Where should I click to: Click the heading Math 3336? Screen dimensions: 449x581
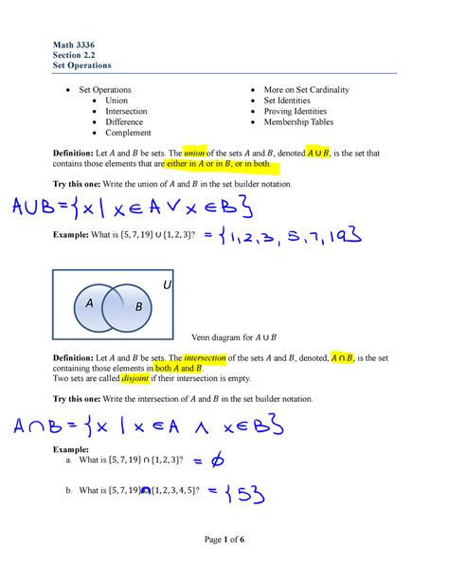tap(72, 44)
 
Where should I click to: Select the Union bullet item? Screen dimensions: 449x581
tap(117, 100)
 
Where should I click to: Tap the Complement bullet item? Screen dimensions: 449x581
tap(128, 133)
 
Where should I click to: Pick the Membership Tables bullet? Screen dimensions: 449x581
tap(301, 122)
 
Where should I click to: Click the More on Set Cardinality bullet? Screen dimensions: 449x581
tap(306, 90)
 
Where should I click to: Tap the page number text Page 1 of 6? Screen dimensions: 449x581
tap(224, 540)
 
